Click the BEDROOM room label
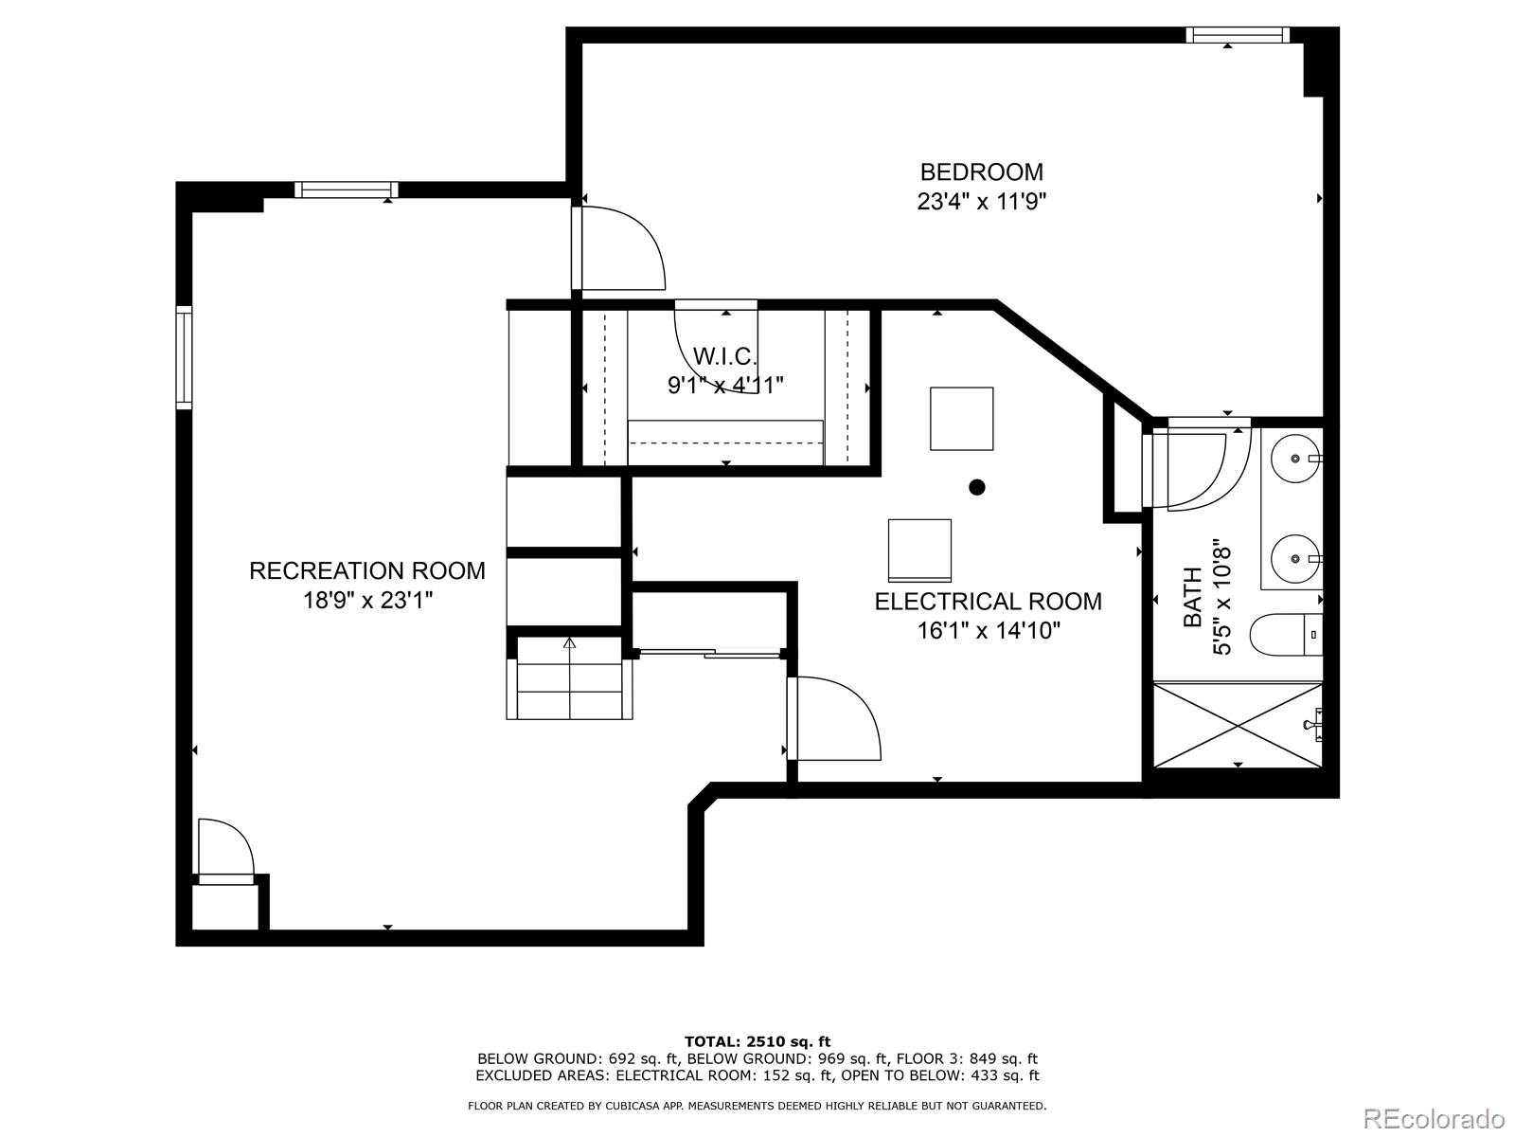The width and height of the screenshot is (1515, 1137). point(981,171)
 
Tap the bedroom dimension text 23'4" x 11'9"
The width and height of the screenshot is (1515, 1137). point(981,202)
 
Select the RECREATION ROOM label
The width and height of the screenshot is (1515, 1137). point(367,570)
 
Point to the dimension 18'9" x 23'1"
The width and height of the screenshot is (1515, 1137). point(367,601)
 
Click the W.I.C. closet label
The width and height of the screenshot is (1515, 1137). point(725,356)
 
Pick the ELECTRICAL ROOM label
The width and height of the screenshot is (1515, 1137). point(988,602)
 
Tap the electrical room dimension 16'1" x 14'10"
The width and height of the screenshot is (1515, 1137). point(988,631)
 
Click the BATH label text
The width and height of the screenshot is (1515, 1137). point(1193,597)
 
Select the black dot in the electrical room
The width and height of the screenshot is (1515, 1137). point(977,487)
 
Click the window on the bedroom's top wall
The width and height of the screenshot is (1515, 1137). point(1238,35)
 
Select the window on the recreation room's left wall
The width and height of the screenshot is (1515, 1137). point(184,357)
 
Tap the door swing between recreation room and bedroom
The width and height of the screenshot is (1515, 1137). point(620,249)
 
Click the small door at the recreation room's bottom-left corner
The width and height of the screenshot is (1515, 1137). point(225,850)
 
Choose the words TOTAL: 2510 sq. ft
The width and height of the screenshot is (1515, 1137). point(757,1041)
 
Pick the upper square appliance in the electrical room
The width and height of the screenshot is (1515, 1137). point(961,418)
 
